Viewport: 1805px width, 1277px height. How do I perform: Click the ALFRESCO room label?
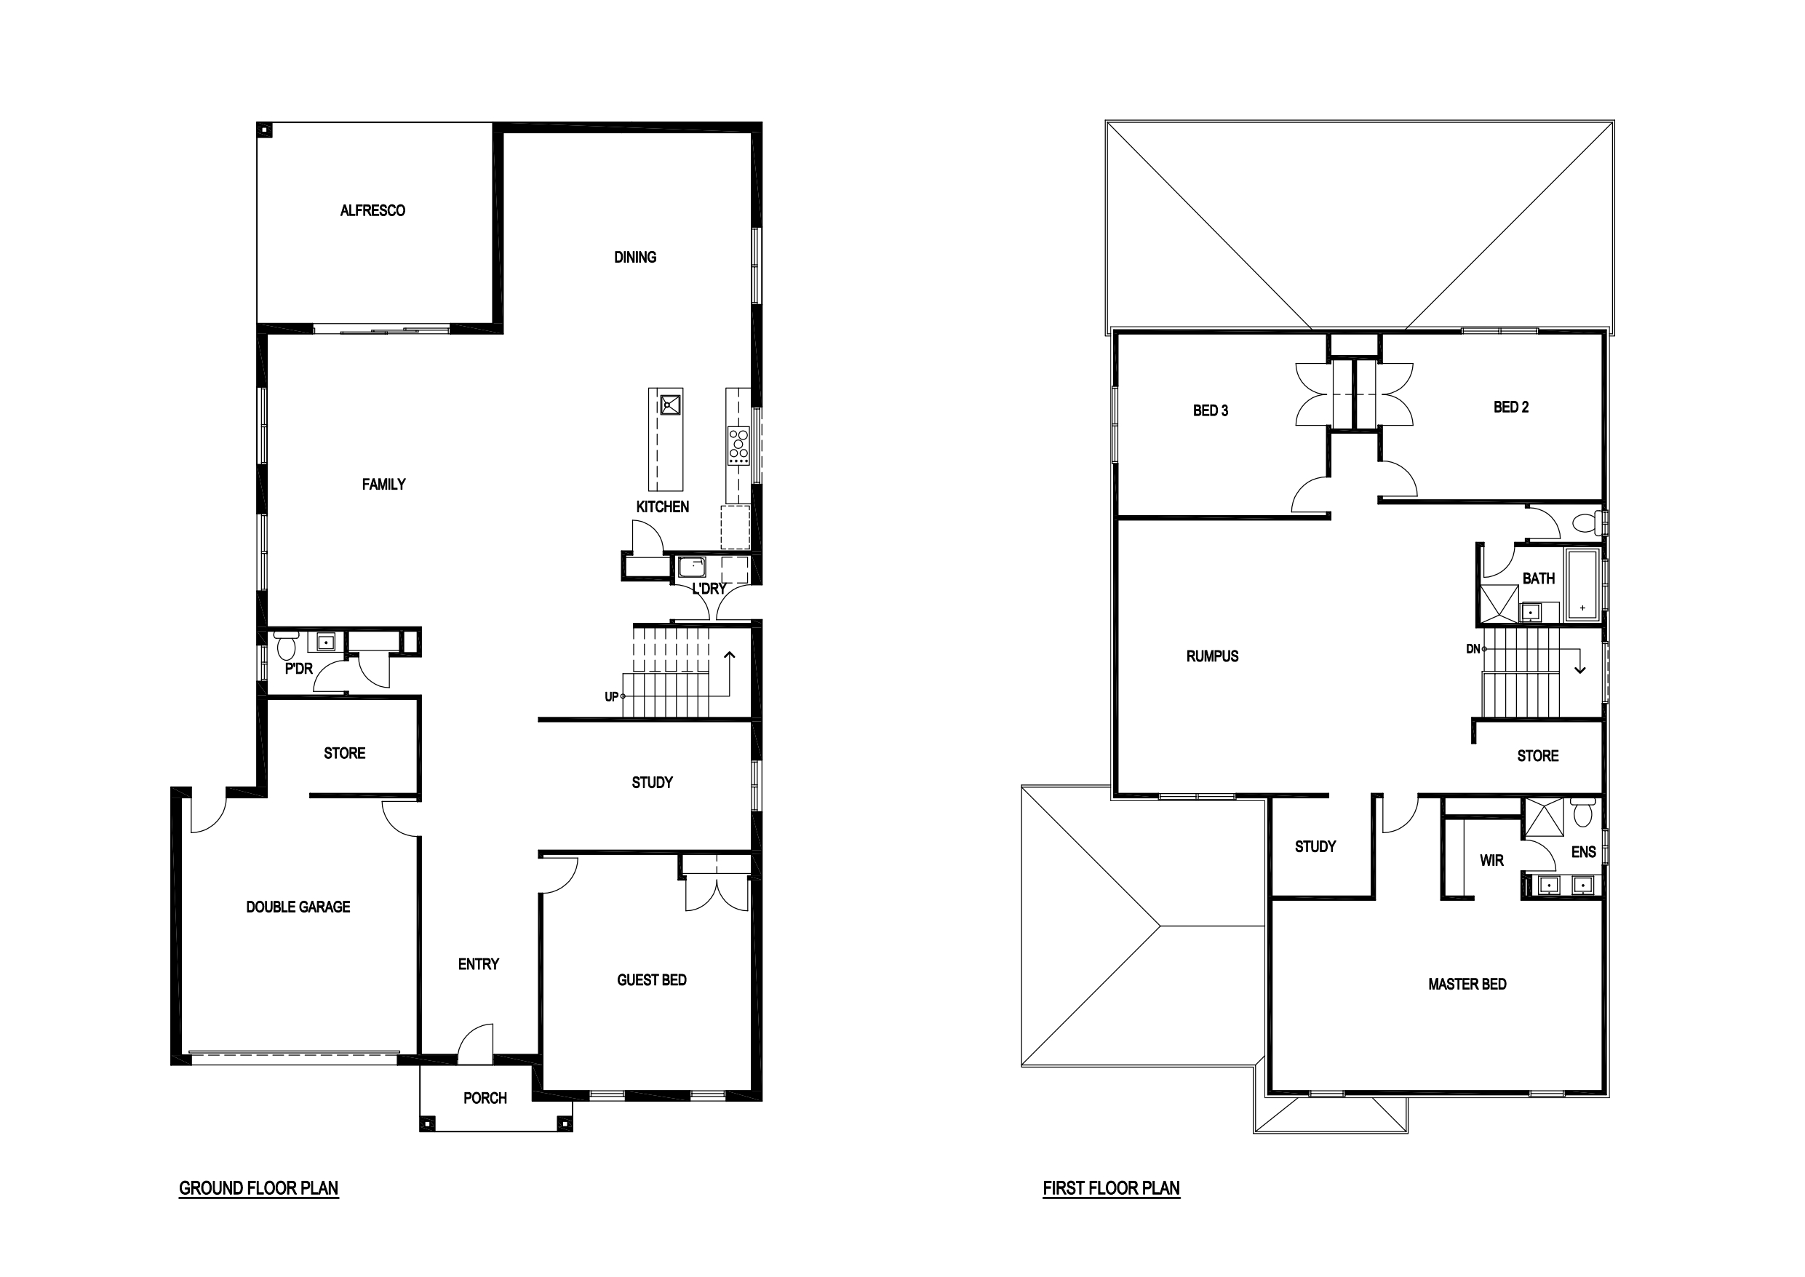[x=372, y=211]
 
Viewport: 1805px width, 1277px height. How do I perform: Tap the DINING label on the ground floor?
[x=635, y=257]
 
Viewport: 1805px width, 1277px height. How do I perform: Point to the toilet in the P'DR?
[x=286, y=645]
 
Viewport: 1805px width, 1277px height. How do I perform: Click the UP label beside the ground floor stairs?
[x=612, y=696]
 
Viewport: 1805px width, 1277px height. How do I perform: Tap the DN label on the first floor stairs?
[x=1473, y=649]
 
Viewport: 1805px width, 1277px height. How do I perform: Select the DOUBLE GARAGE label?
[x=298, y=907]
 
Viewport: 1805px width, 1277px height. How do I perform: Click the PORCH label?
[x=485, y=1098]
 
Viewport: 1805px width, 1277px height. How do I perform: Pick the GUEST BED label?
[x=652, y=980]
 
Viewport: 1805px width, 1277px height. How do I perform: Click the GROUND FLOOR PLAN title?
[x=259, y=1188]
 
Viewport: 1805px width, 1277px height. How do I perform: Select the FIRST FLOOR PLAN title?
[x=1112, y=1188]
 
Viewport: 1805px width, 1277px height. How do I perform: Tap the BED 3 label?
[x=1211, y=410]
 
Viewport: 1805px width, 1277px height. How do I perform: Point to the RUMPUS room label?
[x=1212, y=656]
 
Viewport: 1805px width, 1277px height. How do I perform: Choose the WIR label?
[x=1491, y=860]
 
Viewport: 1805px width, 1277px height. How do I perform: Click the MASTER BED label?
[x=1467, y=984]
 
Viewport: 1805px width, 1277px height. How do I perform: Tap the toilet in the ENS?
[x=1583, y=812]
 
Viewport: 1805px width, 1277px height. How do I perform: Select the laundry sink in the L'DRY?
[x=692, y=567]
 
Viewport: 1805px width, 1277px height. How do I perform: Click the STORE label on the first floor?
[x=1538, y=756]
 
